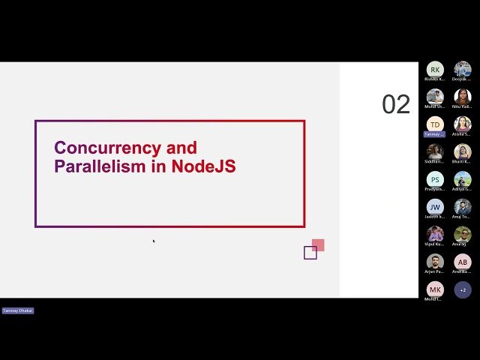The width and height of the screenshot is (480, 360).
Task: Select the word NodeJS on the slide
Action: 203,166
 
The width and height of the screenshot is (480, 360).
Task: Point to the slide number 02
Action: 396,105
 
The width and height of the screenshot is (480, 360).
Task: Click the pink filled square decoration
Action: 318,245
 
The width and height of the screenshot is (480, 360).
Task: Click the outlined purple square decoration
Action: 310,253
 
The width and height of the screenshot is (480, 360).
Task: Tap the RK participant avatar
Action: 435,70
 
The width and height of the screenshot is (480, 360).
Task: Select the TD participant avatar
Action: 435,124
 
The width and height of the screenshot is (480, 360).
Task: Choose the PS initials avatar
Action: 435,179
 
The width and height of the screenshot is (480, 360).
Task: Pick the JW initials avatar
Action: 435,206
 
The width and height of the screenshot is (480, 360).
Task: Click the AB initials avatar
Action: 463,262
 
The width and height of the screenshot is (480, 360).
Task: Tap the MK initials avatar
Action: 435,289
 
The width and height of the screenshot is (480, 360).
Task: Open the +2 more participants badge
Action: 463,289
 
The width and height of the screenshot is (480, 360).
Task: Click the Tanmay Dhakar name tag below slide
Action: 18,310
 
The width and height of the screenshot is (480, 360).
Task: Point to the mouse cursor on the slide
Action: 154,241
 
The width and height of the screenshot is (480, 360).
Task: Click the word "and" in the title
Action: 181,148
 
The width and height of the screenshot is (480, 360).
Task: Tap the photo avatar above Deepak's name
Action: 463,70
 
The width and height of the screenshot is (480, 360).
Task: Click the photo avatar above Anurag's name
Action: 463,234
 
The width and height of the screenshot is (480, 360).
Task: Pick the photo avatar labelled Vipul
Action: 435,234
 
